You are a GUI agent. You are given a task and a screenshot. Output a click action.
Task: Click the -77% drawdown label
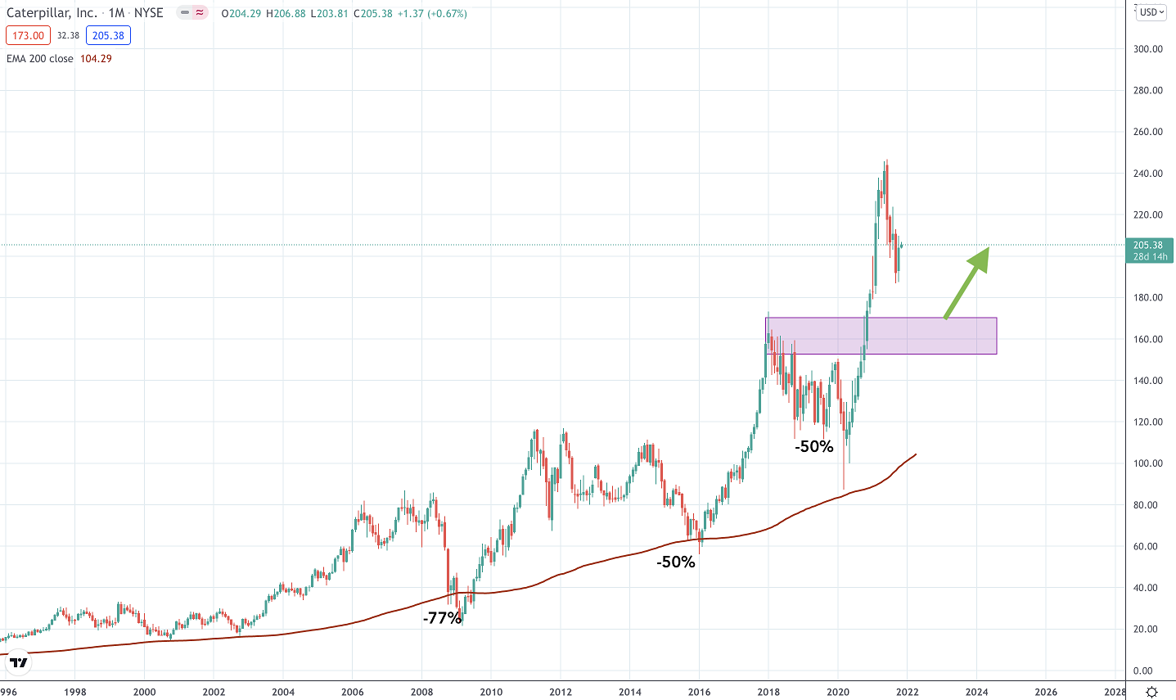pyautogui.click(x=442, y=618)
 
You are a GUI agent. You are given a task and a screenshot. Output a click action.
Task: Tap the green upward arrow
pyautogui.click(x=967, y=282)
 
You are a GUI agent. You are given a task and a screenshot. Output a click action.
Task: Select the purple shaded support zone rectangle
pyautogui.click(x=881, y=336)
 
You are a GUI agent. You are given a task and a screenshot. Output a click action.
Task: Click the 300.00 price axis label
pyautogui.click(x=1148, y=49)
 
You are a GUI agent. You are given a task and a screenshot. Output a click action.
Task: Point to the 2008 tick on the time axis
pyautogui.click(x=421, y=692)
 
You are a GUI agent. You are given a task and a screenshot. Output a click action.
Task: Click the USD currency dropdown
pyautogui.click(x=1150, y=12)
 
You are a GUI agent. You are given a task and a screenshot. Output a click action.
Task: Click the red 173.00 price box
pyautogui.click(x=28, y=36)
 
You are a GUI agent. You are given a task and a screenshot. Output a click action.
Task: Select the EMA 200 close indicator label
pyautogui.click(x=40, y=59)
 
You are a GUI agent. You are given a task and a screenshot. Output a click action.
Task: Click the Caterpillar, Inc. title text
pyautogui.click(x=52, y=13)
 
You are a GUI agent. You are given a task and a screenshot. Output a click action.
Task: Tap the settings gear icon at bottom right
pyautogui.click(x=1151, y=692)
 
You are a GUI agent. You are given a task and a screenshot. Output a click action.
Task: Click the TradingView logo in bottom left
pyautogui.click(x=18, y=662)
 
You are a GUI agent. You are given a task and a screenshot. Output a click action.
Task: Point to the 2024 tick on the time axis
pyautogui.click(x=976, y=692)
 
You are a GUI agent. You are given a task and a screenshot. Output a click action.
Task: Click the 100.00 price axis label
pyautogui.click(x=1148, y=463)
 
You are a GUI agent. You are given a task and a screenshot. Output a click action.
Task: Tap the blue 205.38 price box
pyautogui.click(x=108, y=36)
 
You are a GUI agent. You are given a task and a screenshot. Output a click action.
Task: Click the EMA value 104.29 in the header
pyautogui.click(x=96, y=59)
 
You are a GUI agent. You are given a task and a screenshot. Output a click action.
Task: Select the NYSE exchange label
pyautogui.click(x=149, y=13)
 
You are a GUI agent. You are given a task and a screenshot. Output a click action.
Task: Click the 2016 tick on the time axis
pyautogui.click(x=699, y=692)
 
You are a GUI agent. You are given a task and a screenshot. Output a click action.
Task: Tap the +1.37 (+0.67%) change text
pyautogui.click(x=431, y=13)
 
